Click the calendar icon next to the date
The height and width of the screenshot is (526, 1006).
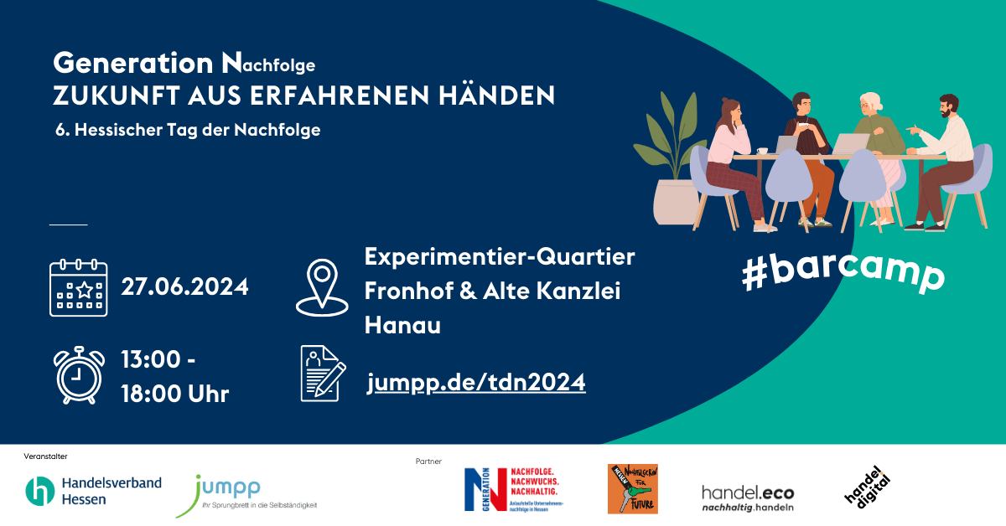79,287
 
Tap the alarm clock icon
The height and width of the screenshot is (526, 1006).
80,374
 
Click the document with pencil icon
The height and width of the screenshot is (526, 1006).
323,374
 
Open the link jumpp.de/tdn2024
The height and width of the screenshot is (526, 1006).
476,383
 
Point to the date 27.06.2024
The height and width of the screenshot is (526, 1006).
184,286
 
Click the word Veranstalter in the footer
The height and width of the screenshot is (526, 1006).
46,456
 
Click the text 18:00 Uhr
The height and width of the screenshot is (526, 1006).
174,394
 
